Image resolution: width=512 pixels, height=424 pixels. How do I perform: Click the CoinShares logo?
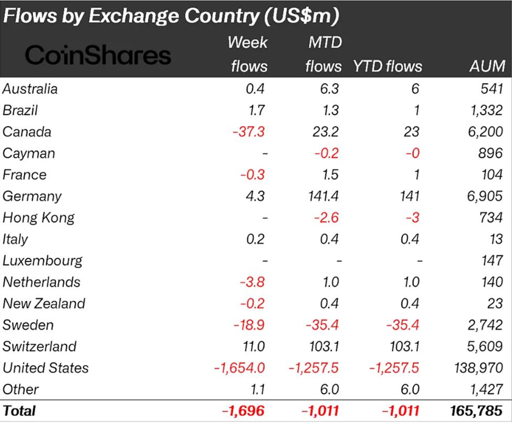98,55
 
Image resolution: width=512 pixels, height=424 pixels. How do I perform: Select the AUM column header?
488,66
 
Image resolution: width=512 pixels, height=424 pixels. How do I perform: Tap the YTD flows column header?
388,66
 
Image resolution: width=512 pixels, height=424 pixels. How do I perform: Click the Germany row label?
32,196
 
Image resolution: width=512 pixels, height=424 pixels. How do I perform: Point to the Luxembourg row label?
43,261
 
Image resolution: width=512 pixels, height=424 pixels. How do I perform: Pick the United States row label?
46,368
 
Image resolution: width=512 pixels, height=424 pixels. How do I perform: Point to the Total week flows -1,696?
243,411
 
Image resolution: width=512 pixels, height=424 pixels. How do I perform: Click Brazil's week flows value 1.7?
256,110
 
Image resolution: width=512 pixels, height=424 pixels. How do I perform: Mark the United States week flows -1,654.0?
239,368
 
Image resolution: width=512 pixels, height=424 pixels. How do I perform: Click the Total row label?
19,411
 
